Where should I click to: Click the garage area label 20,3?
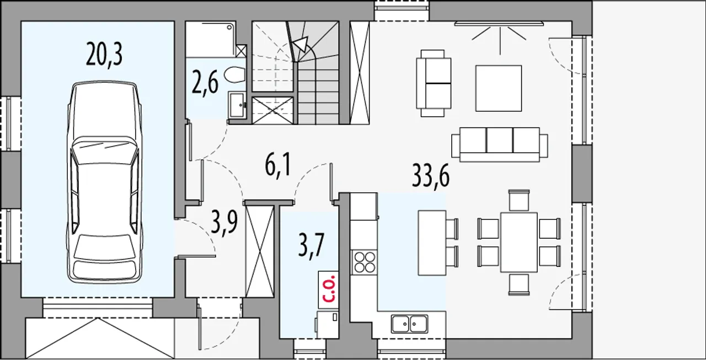click(x=104, y=55)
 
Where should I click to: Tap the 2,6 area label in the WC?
click(x=205, y=83)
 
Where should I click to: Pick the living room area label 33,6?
click(x=431, y=176)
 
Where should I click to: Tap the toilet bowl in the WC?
click(x=235, y=74)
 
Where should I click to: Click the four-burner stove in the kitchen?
click(x=365, y=261)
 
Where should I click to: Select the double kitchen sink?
click(x=409, y=324)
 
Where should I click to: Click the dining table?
click(x=519, y=242)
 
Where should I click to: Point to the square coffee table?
click(x=499, y=88)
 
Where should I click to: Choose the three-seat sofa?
click(x=500, y=144)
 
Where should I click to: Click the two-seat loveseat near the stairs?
click(x=434, y=83)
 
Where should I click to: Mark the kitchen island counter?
click(x=432, y=243)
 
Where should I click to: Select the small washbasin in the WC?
click(x=237, y=105)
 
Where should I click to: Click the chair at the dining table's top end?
click(x=519, y=200)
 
